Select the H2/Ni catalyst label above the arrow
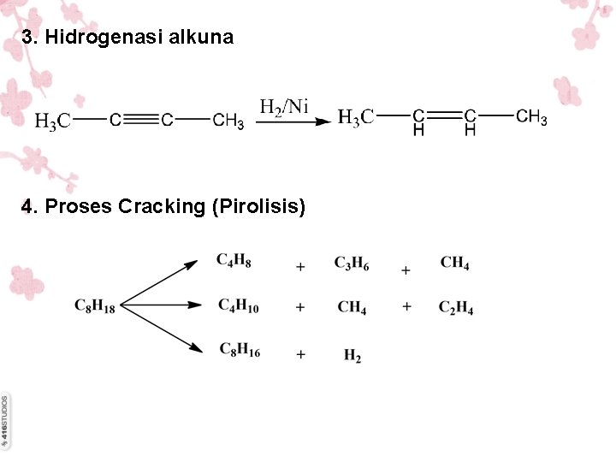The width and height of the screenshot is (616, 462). coord(283,106)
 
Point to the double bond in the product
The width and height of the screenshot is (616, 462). coord(444,115)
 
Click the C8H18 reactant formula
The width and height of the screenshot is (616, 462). coord(94,305)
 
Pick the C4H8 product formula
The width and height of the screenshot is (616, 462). coord(234,260)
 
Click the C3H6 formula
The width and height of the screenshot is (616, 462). coord(352,263)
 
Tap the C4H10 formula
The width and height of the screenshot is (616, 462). coord(238,305)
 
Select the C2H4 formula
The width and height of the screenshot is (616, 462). coord(456,308)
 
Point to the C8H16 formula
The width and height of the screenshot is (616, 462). coord(240,350)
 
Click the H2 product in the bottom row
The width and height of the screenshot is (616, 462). coord(352,355)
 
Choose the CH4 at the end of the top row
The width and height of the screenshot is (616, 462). coord(454,263)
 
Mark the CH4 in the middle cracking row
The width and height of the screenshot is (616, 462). coord(352,307)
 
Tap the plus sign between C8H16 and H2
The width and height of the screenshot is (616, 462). coord(300,353)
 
